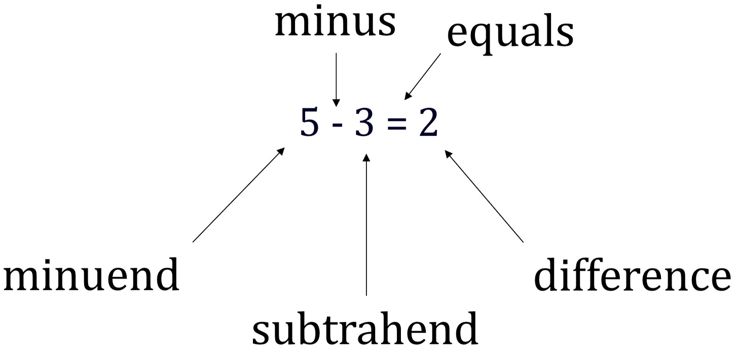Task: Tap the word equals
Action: [510, 33]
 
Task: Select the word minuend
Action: [91, 275]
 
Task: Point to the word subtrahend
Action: [365, 328]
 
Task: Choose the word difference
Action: [632, 275]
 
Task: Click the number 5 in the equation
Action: [309, 124]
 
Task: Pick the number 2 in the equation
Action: [428, 124]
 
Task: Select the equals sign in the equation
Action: [395, 125]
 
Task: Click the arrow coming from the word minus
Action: [335, 76]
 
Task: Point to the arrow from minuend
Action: [238, 195]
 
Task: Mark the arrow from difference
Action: [484, 196]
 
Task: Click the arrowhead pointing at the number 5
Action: [280, 152]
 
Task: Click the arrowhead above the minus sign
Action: [335, 102]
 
